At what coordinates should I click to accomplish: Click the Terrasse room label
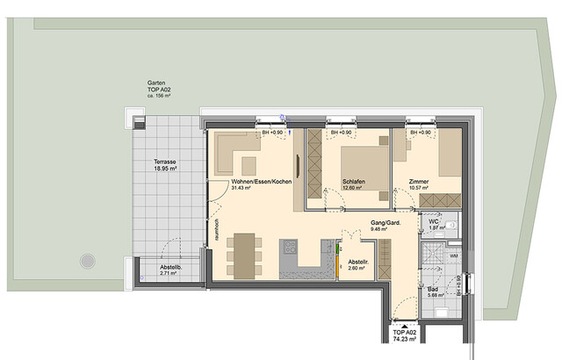pos(165,162)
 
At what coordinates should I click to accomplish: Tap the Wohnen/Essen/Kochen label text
pos(262,181)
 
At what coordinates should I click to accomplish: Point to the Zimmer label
pos(420,181)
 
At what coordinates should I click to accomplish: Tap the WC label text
pos(433,221)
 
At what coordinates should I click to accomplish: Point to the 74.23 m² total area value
pos(404,347)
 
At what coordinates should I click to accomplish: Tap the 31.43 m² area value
pos(241,188)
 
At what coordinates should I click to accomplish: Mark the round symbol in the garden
pos(87,260)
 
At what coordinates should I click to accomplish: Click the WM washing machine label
pos(453,256)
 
